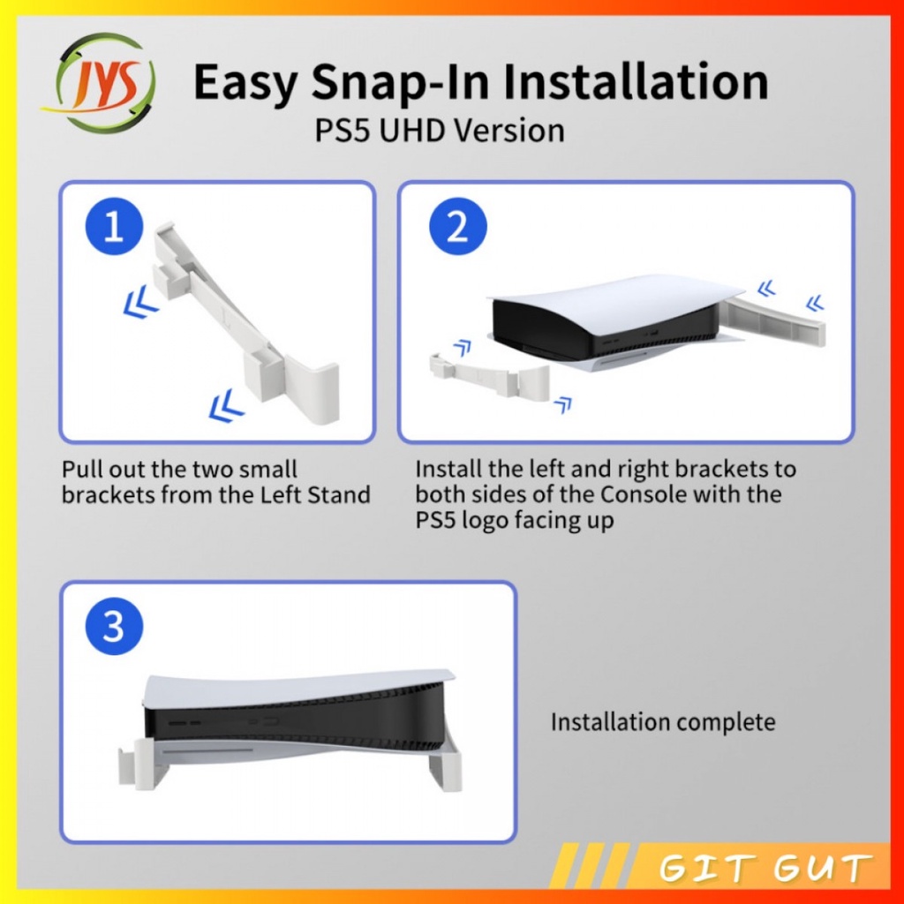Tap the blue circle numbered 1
click(114, 226)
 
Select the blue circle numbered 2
click(458, 226)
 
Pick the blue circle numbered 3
click(114, 626)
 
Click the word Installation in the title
click(636, 81)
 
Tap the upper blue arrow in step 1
click(140, 305)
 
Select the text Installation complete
click(663, 722)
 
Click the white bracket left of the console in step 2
click(489, 374)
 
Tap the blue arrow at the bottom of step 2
click(562, 404)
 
